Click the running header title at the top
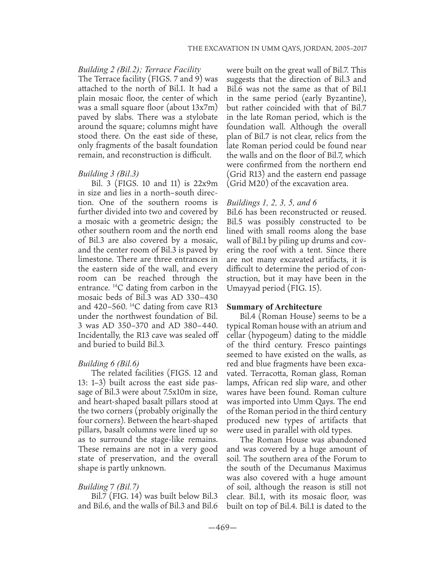pos(276,49)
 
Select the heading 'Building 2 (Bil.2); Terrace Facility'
pos(139,70)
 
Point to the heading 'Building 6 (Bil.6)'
pos(108,363)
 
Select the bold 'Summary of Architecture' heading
pos(274,307)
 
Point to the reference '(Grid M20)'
pos(246,183)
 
